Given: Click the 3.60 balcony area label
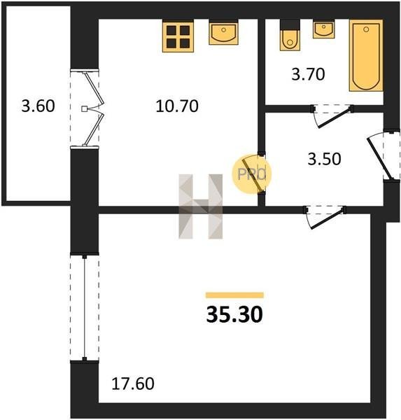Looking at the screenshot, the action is pos(38,106).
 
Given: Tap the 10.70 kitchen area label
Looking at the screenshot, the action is pos(177,106).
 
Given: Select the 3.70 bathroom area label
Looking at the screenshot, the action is pos(308,74).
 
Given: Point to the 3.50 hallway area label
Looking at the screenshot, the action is pos(324,159).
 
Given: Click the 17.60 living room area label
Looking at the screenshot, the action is pos(133,384).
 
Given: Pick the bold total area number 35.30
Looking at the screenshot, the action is pos(234,315).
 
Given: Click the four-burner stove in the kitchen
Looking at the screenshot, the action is pos(178,36).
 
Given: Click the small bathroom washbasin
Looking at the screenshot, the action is pos(324,30).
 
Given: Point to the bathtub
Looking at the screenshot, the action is pos(366,55).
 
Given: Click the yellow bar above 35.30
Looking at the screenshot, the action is pos(234,295).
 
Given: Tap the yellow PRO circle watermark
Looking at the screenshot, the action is pos(251,174).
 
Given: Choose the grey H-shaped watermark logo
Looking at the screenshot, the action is pos(201,206).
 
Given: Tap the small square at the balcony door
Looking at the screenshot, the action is pos(84,109).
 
